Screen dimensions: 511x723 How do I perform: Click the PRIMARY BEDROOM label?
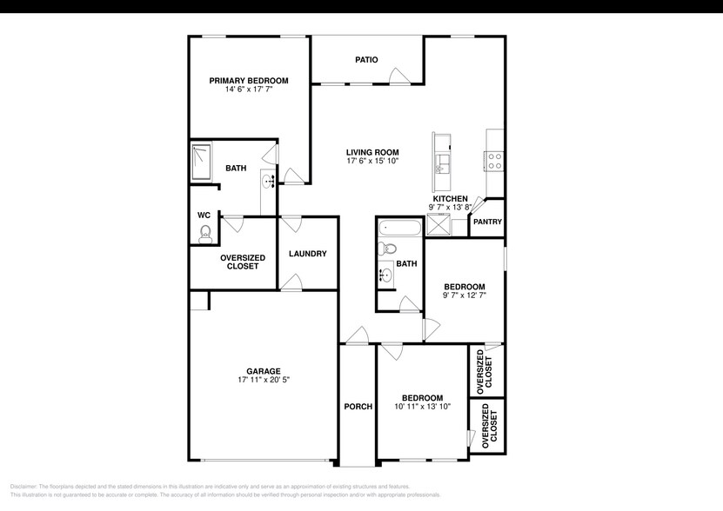(x=248, y=80)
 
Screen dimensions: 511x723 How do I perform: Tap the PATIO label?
(x=366, y=60)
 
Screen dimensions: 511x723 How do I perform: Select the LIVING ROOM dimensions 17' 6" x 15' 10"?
(x=372, y=161)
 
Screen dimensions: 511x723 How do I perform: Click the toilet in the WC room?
(x=205, y=232)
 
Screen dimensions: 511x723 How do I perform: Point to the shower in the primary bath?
(x=203, y=162)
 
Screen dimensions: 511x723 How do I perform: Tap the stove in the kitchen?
(x=494, y=161)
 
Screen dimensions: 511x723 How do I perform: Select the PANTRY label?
(x=487, y=222)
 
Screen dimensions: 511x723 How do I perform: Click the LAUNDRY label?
(x=307, y=254)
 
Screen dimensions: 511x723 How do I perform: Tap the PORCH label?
(x=358, y=407)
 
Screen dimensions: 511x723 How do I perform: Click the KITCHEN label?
(x=451, y=198)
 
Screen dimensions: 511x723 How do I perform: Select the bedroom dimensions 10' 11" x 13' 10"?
(x=422, y=406)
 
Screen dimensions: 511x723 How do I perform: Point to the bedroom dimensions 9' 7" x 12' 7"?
(x=464, y=295)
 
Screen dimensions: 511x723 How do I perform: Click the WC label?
(x=204, y=214)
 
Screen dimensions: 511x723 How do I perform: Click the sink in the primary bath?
(x=268, y=181)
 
